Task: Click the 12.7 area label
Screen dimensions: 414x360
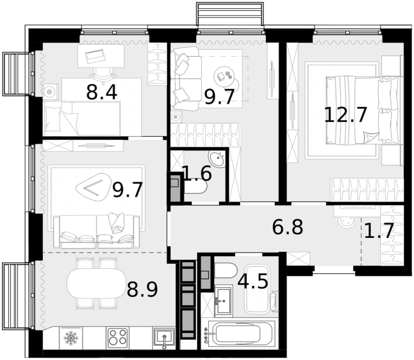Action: point(346,115)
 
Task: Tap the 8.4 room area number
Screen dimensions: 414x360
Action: point(101,93)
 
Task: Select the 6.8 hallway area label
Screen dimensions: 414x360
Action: point(288,227)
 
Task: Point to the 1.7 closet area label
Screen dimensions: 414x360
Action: point(379,230)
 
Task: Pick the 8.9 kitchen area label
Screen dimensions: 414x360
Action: point(142,290)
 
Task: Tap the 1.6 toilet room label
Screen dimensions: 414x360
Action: point(197,173)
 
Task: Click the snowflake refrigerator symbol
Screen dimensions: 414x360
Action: point(71,338)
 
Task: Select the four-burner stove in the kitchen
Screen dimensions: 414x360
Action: point(118,338)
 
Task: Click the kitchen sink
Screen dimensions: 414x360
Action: point(164,338)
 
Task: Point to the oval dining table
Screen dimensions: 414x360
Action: point(97,283)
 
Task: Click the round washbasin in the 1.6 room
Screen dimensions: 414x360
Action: point(217,159)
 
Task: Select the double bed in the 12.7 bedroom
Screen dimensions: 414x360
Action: point(362,110)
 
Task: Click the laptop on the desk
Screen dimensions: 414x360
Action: point(95,56)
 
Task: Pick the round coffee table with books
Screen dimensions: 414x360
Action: point(225,76)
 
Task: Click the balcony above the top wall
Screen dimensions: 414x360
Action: point(230,14)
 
